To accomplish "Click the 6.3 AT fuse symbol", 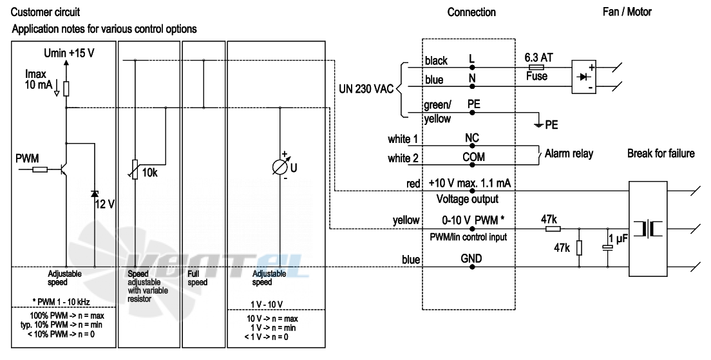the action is point(537,67).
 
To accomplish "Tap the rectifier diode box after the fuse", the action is point(584,77).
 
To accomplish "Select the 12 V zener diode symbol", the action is point(94,194).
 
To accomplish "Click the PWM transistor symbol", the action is point(64,169).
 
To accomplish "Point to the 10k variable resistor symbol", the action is point(135,169).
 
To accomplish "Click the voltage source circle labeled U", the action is point(280,167).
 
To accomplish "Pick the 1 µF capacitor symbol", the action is point(607,247).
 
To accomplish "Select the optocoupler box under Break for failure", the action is point(648,229).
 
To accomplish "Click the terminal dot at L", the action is point(472,68).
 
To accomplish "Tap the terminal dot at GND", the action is point(472,267).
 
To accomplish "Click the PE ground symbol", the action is point(538,125).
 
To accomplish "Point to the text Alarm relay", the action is point(569,154).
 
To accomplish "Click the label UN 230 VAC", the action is point(366,90).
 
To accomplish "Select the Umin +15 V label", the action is point(69,53).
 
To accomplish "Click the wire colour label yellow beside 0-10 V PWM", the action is point(406,221).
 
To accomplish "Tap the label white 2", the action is point(403,158).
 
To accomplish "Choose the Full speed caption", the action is point(197,278).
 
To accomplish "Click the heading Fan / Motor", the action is point(627,12).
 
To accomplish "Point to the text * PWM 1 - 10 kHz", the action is point(61,302).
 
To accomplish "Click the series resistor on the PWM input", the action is point(40,169).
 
